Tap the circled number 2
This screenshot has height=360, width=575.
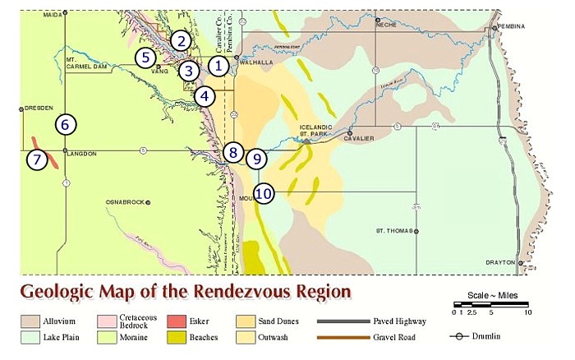coord(182,39)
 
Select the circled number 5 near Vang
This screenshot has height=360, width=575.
coord(145,58)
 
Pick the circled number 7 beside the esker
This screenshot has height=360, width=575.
coord(36,159)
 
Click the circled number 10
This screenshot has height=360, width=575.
coord(264,193)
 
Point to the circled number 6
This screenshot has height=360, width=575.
coord(66,125)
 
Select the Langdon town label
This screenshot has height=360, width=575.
coord(81,154)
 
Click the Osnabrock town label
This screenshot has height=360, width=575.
coord(126,201)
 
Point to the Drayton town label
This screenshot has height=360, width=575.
coord(502,262)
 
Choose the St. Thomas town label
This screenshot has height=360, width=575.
coord(392,231)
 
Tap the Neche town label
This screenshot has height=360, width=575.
coord(386,24)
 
